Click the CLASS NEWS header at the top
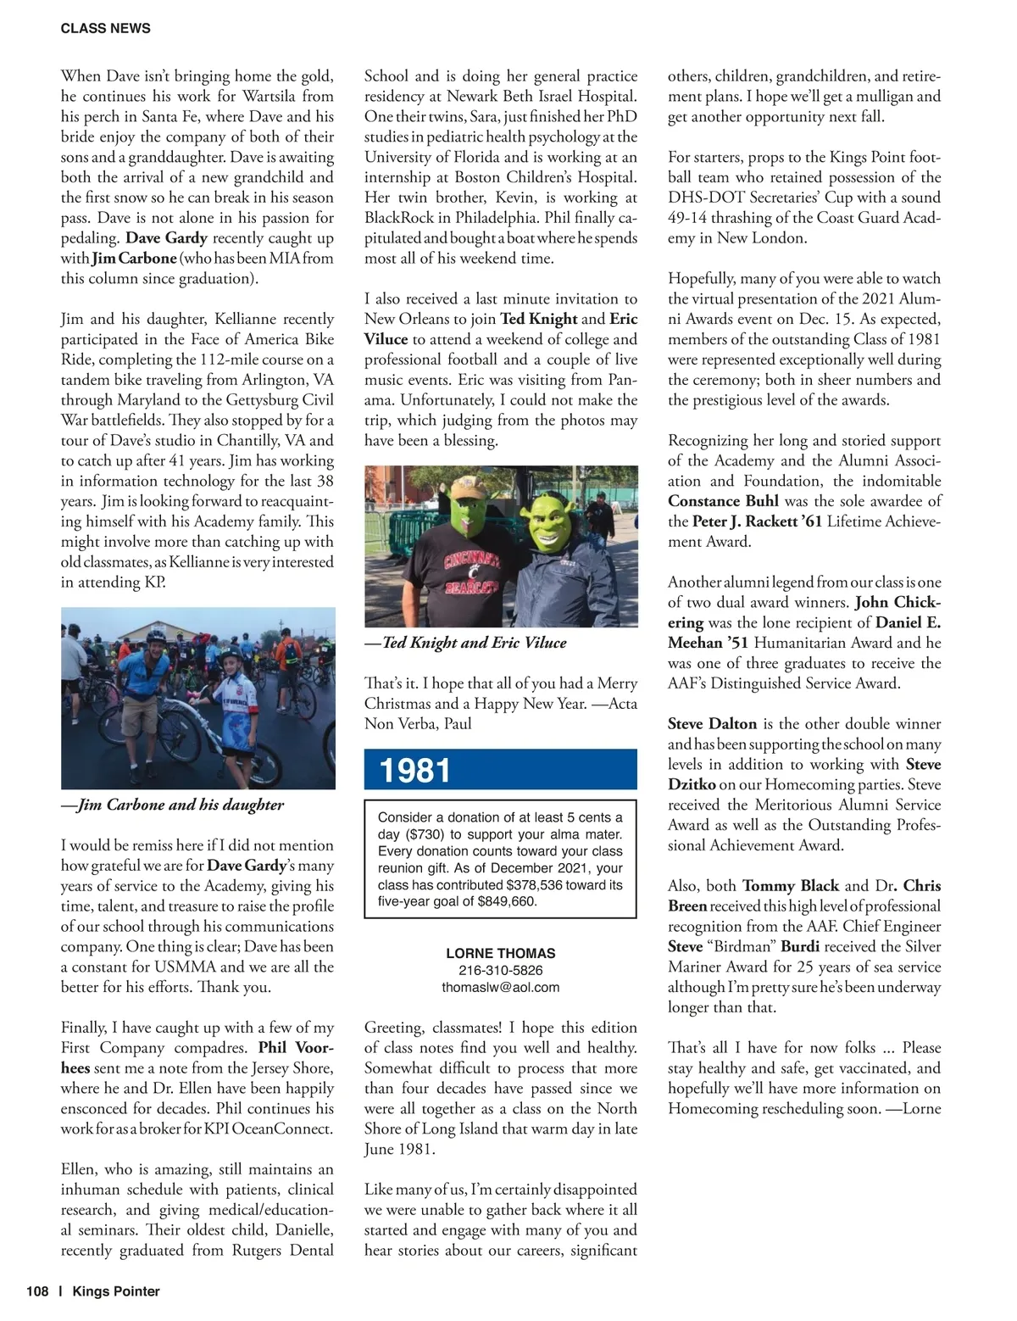coord(105,28)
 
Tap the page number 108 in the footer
coord(37,1291)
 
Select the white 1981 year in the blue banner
coord(415,771)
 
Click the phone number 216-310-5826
coord(500,970)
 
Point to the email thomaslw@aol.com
coord(500,987)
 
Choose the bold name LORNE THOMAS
coord(500,953)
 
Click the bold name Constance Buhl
coord(723,501)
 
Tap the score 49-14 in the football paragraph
coord(688,218)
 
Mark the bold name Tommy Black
coord(790,886)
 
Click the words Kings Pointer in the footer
coord(116,1291)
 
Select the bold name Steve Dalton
coord(712,724)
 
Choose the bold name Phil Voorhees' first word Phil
coord(272,1048)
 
